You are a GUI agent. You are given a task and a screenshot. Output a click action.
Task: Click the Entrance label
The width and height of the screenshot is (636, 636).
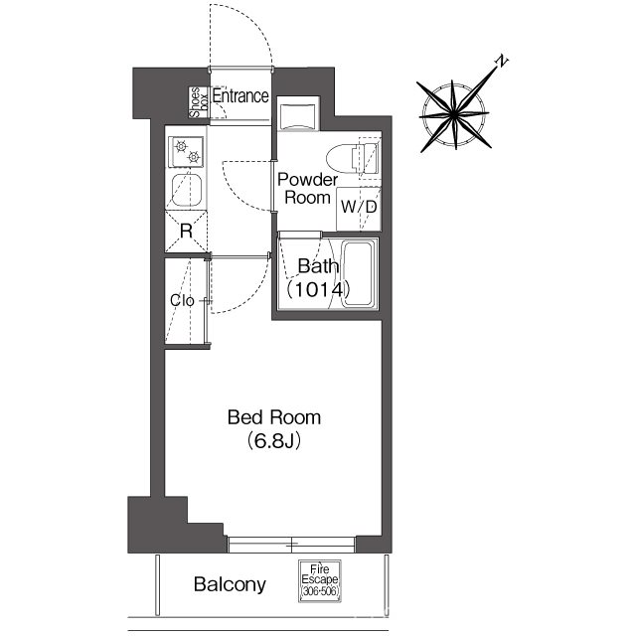(x=240, y=96)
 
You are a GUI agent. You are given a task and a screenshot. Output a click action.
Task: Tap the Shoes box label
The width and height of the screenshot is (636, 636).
(x=200, y=102)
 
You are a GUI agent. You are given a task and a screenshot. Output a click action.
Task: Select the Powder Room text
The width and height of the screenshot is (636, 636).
(x=307, y=189)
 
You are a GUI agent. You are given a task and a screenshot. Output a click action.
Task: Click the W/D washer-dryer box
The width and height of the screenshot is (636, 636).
(x=359, y=209)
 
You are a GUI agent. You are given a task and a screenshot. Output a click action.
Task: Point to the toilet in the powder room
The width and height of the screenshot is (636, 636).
(x=353, y=159)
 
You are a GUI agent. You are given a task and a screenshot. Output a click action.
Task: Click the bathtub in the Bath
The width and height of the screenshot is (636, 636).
(x=357, y=274)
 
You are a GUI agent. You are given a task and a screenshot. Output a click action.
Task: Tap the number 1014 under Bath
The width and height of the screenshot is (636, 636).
(x=318, y=290)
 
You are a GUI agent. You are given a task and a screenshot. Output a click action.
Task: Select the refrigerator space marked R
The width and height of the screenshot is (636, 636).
(x=186, y=232)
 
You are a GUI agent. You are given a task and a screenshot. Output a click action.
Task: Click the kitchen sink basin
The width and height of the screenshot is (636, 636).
(x=187, y=191)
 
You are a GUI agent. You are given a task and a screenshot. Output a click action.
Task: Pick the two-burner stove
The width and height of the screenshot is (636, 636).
(x=187, y=152)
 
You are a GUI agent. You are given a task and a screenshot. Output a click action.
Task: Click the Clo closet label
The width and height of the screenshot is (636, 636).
(x=182, y=301)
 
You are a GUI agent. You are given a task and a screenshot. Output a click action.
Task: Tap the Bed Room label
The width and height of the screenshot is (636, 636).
(x=274, y=417)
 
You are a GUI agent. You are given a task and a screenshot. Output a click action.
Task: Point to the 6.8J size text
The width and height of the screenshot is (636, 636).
(x=274, y=441)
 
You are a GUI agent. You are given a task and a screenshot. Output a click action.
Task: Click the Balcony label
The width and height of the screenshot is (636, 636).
(x=230, y=584)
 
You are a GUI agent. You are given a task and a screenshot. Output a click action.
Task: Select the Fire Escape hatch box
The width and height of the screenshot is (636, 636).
(x=320, y=580)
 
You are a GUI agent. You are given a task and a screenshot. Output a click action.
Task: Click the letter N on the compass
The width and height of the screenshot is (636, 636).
(x=502, y=61)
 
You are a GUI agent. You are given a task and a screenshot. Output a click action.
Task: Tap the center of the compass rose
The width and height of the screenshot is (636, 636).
(x=453, y=115)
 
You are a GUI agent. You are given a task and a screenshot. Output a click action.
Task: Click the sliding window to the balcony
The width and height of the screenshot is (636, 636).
(x=291, y=545)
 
